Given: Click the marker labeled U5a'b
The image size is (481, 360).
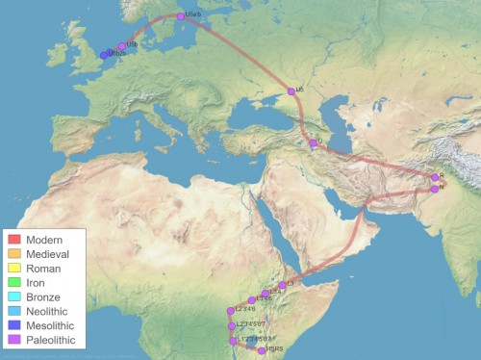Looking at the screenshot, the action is click(180, 16).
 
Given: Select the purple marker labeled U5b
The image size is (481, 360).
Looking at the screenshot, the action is click(122, 46).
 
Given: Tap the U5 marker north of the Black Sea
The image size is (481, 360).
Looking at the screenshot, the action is click(291, 91).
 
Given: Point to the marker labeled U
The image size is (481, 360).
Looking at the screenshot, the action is click(313, 143).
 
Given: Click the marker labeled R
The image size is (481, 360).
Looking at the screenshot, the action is click(435, 177).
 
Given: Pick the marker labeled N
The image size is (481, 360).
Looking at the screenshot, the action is click(435, 189).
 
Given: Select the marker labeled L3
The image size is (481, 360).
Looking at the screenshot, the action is click(282, 285).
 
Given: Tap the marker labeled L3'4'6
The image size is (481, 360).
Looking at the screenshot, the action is click(252, 300).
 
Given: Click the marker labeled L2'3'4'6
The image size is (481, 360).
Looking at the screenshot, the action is click(231, 311).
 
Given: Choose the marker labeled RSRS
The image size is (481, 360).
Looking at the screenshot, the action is click(262, 351).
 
